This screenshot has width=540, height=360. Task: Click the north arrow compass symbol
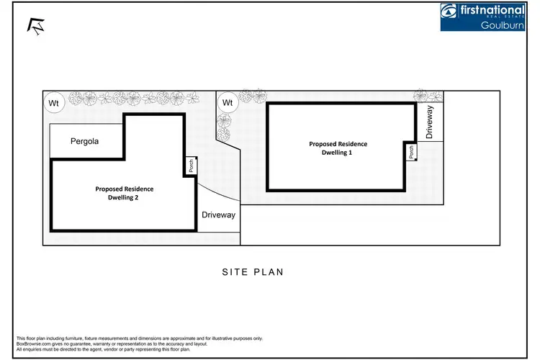coord(34,26)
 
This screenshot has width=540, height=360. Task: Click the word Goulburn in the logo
coord(502,25)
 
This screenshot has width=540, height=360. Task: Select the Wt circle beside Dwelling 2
coord(53,103)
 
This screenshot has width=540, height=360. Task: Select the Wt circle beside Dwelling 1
coord(228,103)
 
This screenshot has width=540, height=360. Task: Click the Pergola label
coord(84,141)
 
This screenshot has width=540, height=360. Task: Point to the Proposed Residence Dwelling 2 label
coord(124,193)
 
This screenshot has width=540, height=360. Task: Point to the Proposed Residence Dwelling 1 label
coord(338,148)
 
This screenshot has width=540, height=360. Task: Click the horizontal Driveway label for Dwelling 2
coord(218,215)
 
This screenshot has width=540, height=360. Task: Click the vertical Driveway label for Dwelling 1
coord(430,122)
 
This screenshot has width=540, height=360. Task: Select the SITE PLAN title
coord(252,272)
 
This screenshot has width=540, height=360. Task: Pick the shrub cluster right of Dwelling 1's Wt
coord(252,95)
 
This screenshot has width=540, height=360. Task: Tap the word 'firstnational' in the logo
coord(494,9)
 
